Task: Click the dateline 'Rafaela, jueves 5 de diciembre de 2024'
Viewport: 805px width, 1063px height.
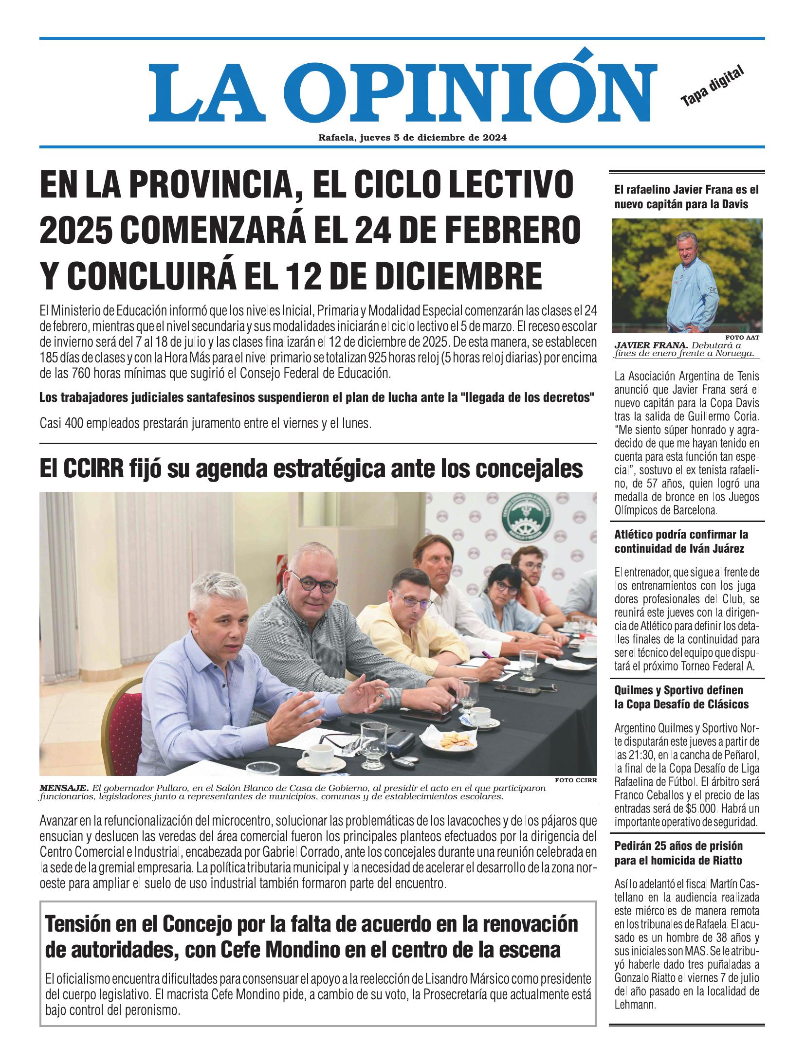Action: (412, 138)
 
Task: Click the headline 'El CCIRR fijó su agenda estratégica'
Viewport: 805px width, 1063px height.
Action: (311, 468)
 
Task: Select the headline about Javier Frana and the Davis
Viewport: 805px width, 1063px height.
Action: (686, 197)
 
